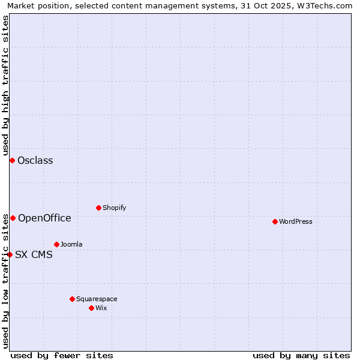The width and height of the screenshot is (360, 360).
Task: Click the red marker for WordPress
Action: click(275, 221)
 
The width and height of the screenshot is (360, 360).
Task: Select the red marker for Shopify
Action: click(98, 208)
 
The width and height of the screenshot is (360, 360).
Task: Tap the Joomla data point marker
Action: click(56, 244)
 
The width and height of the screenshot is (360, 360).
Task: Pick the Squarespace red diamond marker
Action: click(72, 299)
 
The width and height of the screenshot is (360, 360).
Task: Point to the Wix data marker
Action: click(91, 308)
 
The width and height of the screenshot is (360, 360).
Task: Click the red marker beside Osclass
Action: click(12, 160)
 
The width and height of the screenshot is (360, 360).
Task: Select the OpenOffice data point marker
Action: click(13, 218)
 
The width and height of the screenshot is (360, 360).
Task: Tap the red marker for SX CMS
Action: click(10, 254)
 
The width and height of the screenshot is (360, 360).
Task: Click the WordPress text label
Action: click(296, 221)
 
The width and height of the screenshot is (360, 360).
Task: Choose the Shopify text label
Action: click(114, 208)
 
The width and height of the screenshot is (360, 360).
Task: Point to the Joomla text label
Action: click(71, 244)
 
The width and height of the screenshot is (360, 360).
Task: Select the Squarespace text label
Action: click(97, 299)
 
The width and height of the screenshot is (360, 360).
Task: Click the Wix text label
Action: click(101, 308)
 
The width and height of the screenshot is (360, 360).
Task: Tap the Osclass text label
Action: click(35, 160)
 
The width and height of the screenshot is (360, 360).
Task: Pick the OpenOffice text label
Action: click(44, 218)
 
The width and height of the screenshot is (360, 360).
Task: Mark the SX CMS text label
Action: click(34, 254)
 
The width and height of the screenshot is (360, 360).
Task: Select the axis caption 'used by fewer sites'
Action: click(61, 355)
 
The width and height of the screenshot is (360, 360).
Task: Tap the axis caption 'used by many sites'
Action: click(301, 355)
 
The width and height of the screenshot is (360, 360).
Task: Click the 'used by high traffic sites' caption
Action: click(5, 84)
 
